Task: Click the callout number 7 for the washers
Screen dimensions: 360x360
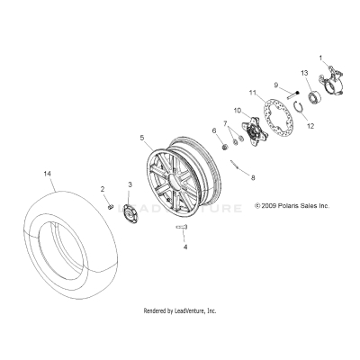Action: (x=224, y=123)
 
